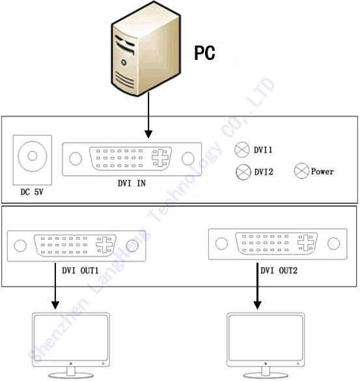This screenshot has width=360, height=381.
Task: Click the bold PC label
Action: coord(204,53)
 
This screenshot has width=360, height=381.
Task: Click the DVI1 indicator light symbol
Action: coord(242,150)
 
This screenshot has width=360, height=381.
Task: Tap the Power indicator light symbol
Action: coord(301,171)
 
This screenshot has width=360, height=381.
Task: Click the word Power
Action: coord(322,172)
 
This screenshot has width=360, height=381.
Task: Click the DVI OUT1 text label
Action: coord(77,269)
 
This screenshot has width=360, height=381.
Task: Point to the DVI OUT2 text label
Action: coord(279,269)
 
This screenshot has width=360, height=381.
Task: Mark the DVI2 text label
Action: coord(264,173)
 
